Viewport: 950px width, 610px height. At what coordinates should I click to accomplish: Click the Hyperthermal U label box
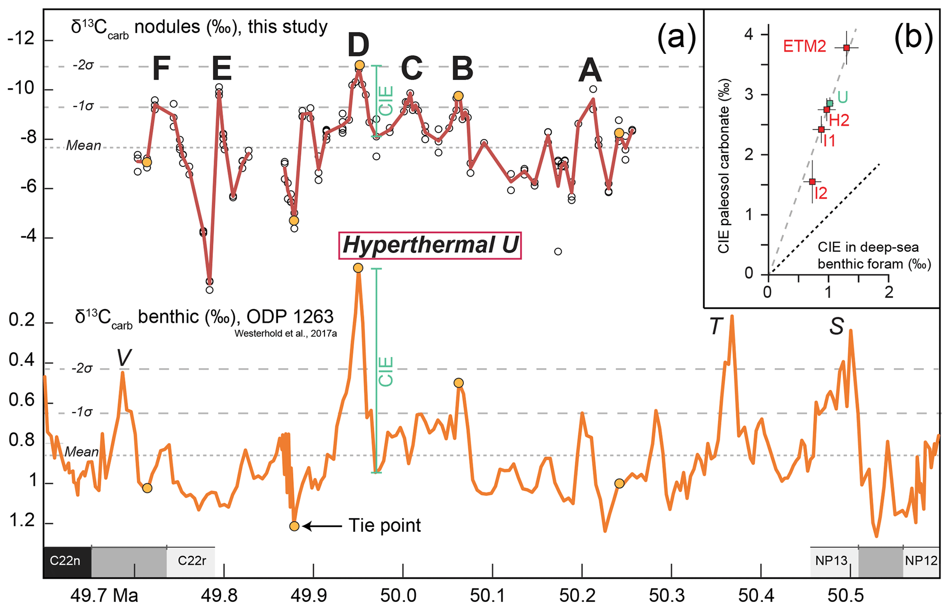[x=430, y=245]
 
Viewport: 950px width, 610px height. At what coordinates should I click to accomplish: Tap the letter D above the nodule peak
[x=358, y=45]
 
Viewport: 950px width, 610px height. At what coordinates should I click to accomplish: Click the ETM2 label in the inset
[x=804, y=46]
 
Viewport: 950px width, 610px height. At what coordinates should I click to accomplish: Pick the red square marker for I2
[x=812, y=182]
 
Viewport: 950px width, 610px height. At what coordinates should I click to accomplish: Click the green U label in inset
[x=842, y=97]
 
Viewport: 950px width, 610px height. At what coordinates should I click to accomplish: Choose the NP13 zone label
[x=831, y=561]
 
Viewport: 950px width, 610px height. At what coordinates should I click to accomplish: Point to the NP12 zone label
[x=921, y=561]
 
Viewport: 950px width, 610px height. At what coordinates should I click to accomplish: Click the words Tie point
[x=384, y=525]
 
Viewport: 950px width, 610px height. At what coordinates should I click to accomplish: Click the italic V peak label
[x=123, y=358]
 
